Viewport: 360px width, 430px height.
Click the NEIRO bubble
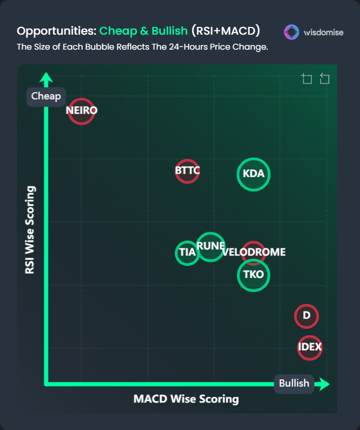point(81,111)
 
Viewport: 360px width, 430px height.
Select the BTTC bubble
point(187,171)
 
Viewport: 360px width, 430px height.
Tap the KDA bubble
point(253,174)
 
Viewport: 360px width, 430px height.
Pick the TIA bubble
point(187,253)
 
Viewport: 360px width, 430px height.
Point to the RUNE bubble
point(211,246)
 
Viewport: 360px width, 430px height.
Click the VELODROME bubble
point(253,253)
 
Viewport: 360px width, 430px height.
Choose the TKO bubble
point(253,275)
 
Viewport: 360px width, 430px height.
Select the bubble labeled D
point(306,316)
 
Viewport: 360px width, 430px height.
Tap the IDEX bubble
point(310,347)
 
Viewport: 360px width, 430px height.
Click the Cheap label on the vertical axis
point(46,96)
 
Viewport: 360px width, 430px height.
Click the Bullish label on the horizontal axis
point(294,383)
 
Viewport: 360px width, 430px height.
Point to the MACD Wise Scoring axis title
point(186,399)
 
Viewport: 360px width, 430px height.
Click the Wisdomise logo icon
point(292,32)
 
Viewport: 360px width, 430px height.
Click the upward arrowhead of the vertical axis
point(46,79)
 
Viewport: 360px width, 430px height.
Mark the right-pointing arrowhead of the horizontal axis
point(323,384)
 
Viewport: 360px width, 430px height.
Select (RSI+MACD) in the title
point(226,31)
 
